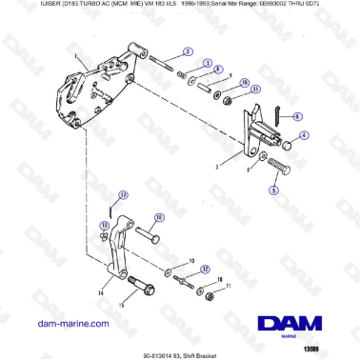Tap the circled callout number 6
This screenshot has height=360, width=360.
tap(296, 115)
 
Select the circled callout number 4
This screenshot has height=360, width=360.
tap(304, 136)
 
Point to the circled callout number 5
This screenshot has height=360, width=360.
tap(274, 190)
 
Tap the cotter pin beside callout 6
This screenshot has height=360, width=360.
tap(275, 116)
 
